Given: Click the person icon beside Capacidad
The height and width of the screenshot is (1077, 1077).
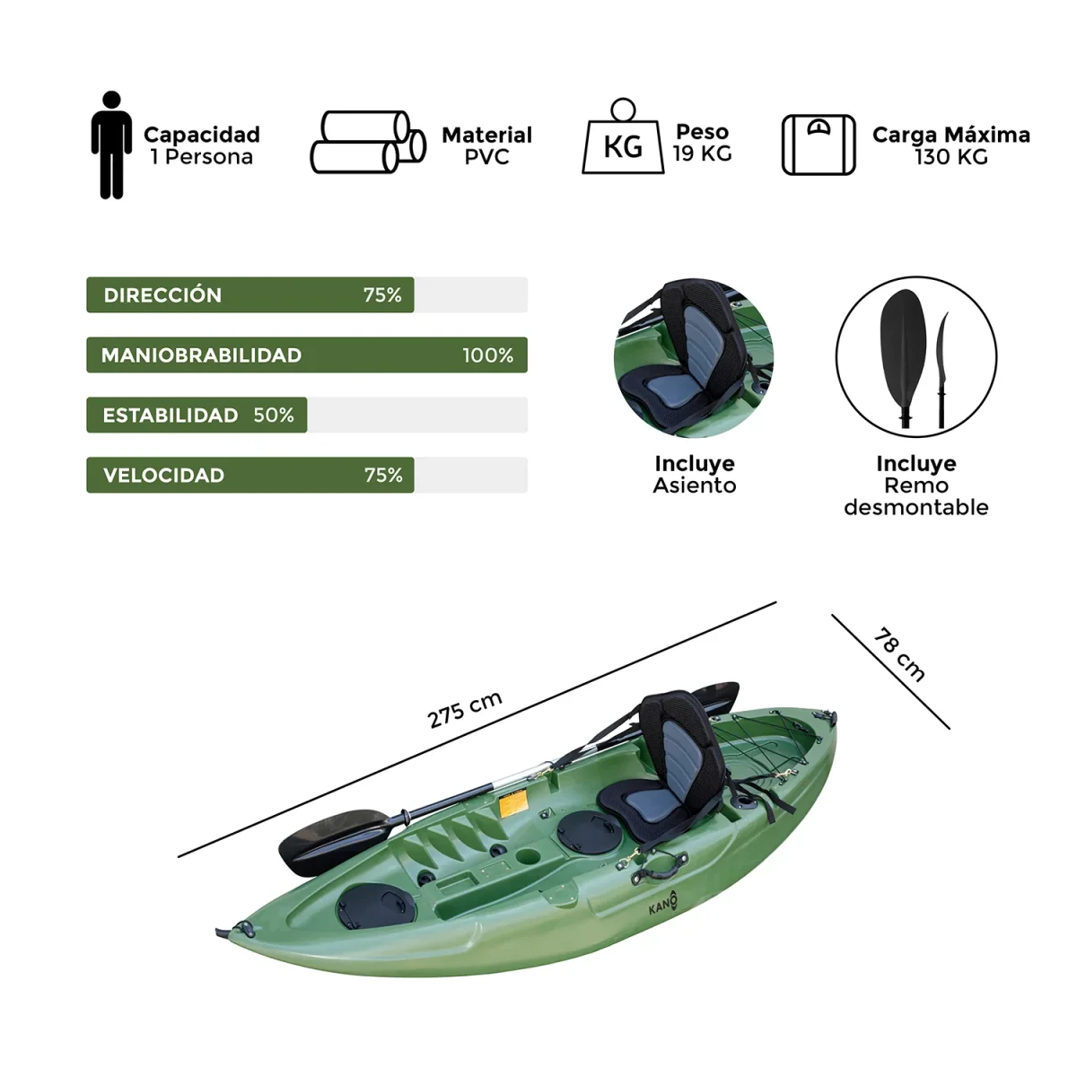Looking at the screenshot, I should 111,144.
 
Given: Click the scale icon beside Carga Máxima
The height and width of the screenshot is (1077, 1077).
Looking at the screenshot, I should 818,144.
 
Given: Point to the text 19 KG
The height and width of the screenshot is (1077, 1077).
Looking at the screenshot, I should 702,154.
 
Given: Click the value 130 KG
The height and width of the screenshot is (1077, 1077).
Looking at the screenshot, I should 950,158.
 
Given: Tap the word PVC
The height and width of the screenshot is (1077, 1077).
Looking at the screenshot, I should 486,158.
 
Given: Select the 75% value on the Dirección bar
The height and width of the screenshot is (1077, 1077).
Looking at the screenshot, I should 382,295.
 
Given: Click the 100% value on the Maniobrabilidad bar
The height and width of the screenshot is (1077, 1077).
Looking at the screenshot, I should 487,355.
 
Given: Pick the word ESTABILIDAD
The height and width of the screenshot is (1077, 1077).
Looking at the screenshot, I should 171,416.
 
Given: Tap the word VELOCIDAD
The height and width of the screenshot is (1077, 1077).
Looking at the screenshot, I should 163,476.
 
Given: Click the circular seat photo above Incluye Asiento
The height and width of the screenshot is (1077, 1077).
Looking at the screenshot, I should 694,357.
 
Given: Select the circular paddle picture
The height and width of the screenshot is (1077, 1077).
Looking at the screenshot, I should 915,356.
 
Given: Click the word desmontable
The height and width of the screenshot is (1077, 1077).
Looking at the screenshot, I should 915,508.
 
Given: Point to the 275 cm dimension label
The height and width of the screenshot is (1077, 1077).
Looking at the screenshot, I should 464,709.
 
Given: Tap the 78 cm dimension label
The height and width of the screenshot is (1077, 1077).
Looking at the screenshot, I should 898,655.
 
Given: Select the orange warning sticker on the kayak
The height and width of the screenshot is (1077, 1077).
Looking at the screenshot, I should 512,803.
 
